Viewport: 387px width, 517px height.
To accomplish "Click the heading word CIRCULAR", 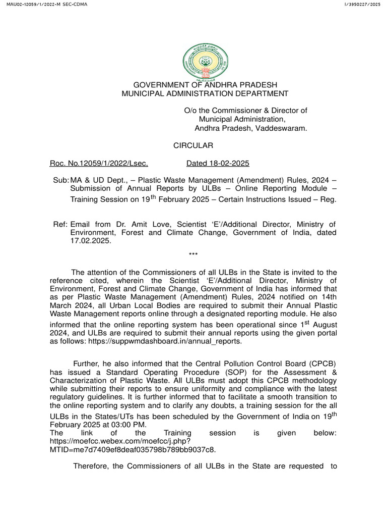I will (x=193, y=146).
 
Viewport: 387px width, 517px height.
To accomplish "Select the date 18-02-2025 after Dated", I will (x=228, y=164).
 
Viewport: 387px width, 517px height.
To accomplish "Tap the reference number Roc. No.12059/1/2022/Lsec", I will (x=99, y=164).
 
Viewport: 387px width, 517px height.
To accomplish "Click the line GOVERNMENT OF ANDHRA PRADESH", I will (x=205, y=84).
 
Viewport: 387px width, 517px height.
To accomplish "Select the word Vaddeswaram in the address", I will (x=282, y=128).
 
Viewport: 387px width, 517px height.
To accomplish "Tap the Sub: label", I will (x=61, y=181).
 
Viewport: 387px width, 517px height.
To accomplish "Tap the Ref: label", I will (x=60, y=224).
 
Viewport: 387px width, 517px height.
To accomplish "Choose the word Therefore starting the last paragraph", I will (x=91, y=466).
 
